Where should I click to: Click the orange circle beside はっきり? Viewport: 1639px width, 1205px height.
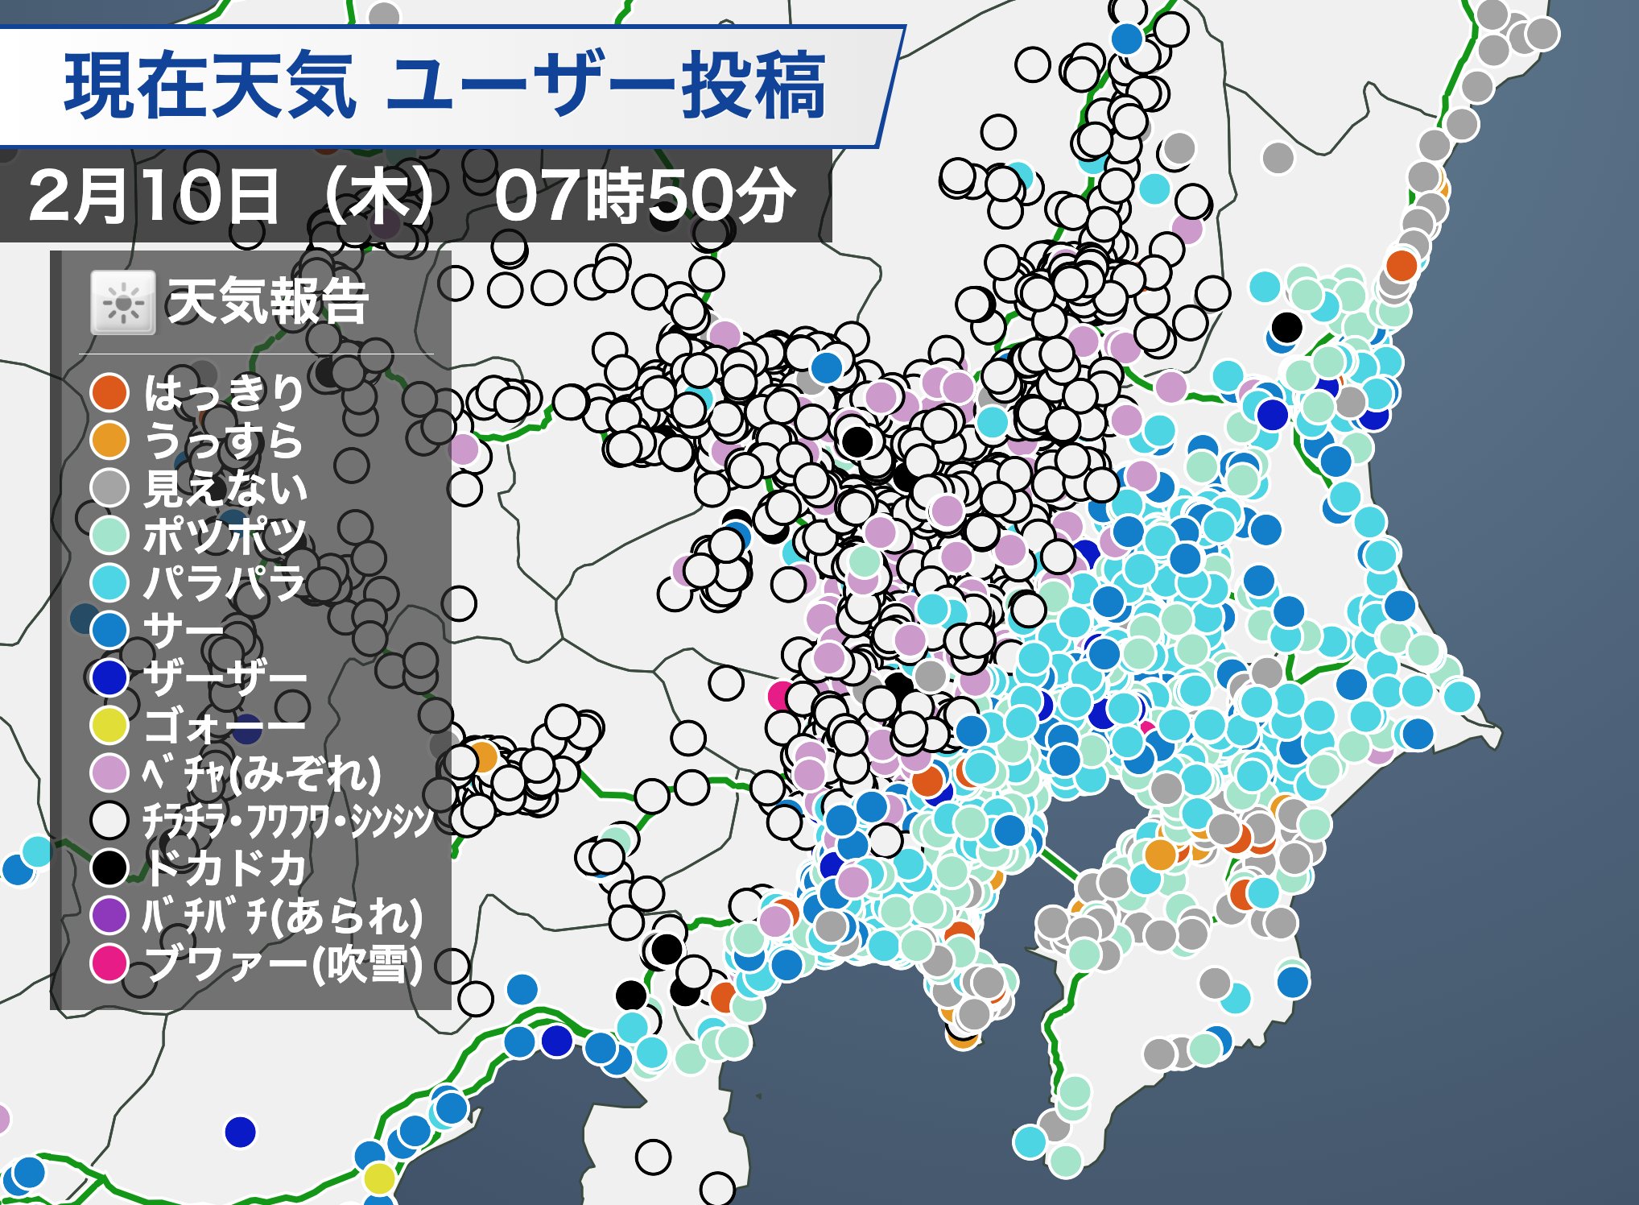[109, 392]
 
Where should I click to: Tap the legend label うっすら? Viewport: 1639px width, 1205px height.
[224, 440]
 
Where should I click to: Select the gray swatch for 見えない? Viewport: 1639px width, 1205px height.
[109, 487]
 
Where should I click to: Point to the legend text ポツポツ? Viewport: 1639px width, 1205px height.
[225, 535]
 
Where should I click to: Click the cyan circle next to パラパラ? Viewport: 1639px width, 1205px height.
[109, 582]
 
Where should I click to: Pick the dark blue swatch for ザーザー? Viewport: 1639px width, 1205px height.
[109, 677]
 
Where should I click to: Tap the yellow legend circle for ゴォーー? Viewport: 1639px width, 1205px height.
[109, 725]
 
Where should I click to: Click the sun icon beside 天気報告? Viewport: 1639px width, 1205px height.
[122, 303]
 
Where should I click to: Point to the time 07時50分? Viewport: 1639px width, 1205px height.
[644, 196]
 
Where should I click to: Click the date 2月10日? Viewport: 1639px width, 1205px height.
[153, 197]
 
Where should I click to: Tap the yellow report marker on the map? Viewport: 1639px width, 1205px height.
[378, 1178]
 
